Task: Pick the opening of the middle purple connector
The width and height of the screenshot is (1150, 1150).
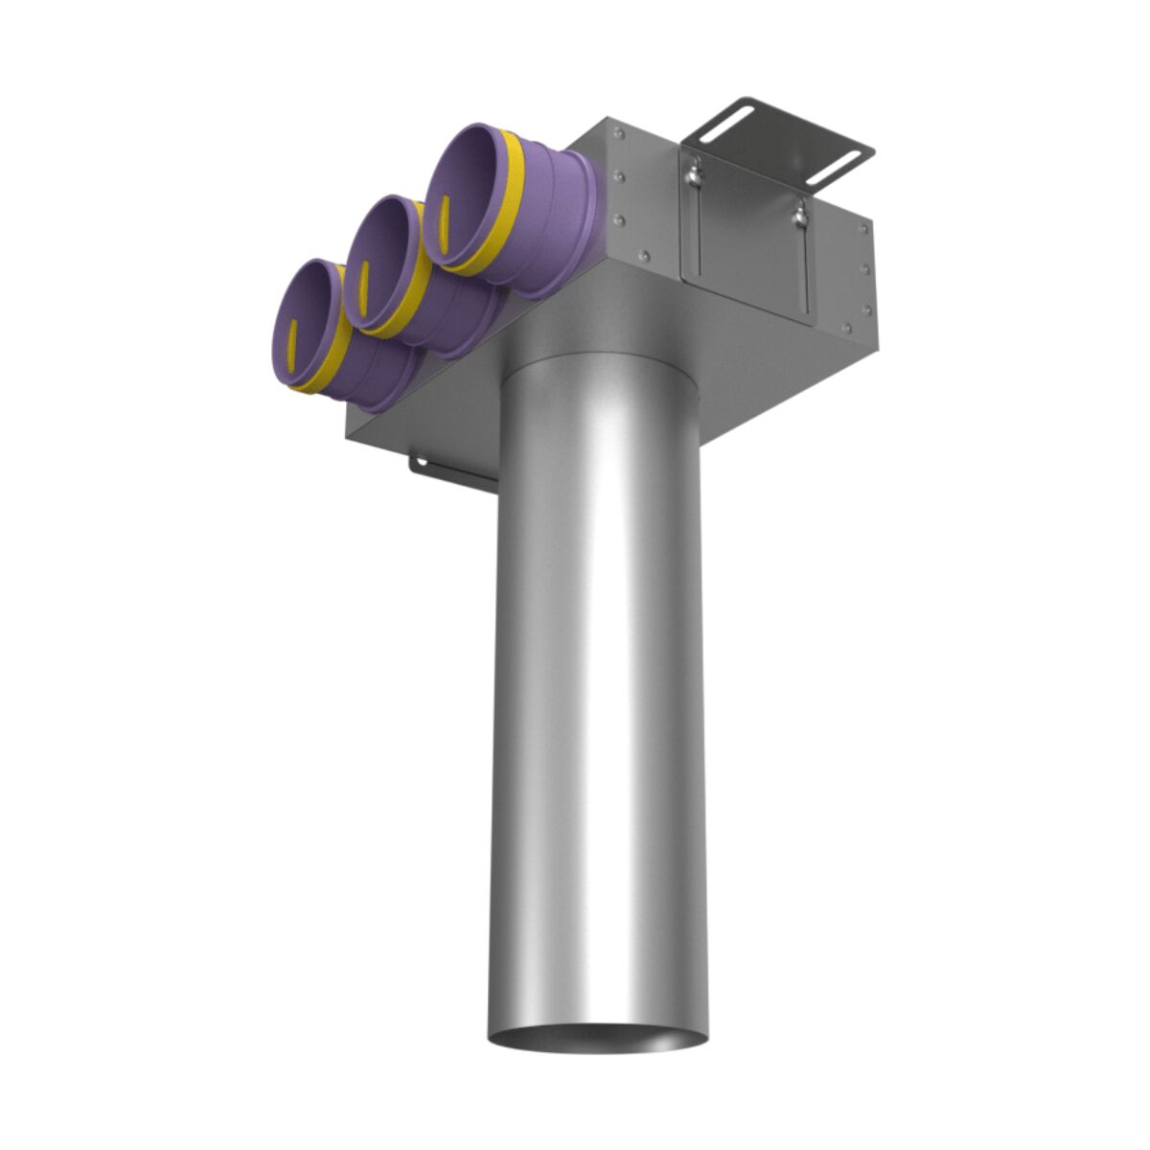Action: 379,259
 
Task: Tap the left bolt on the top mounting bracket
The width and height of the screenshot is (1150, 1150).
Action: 691,172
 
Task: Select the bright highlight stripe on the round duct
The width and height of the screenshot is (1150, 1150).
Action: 594,671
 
